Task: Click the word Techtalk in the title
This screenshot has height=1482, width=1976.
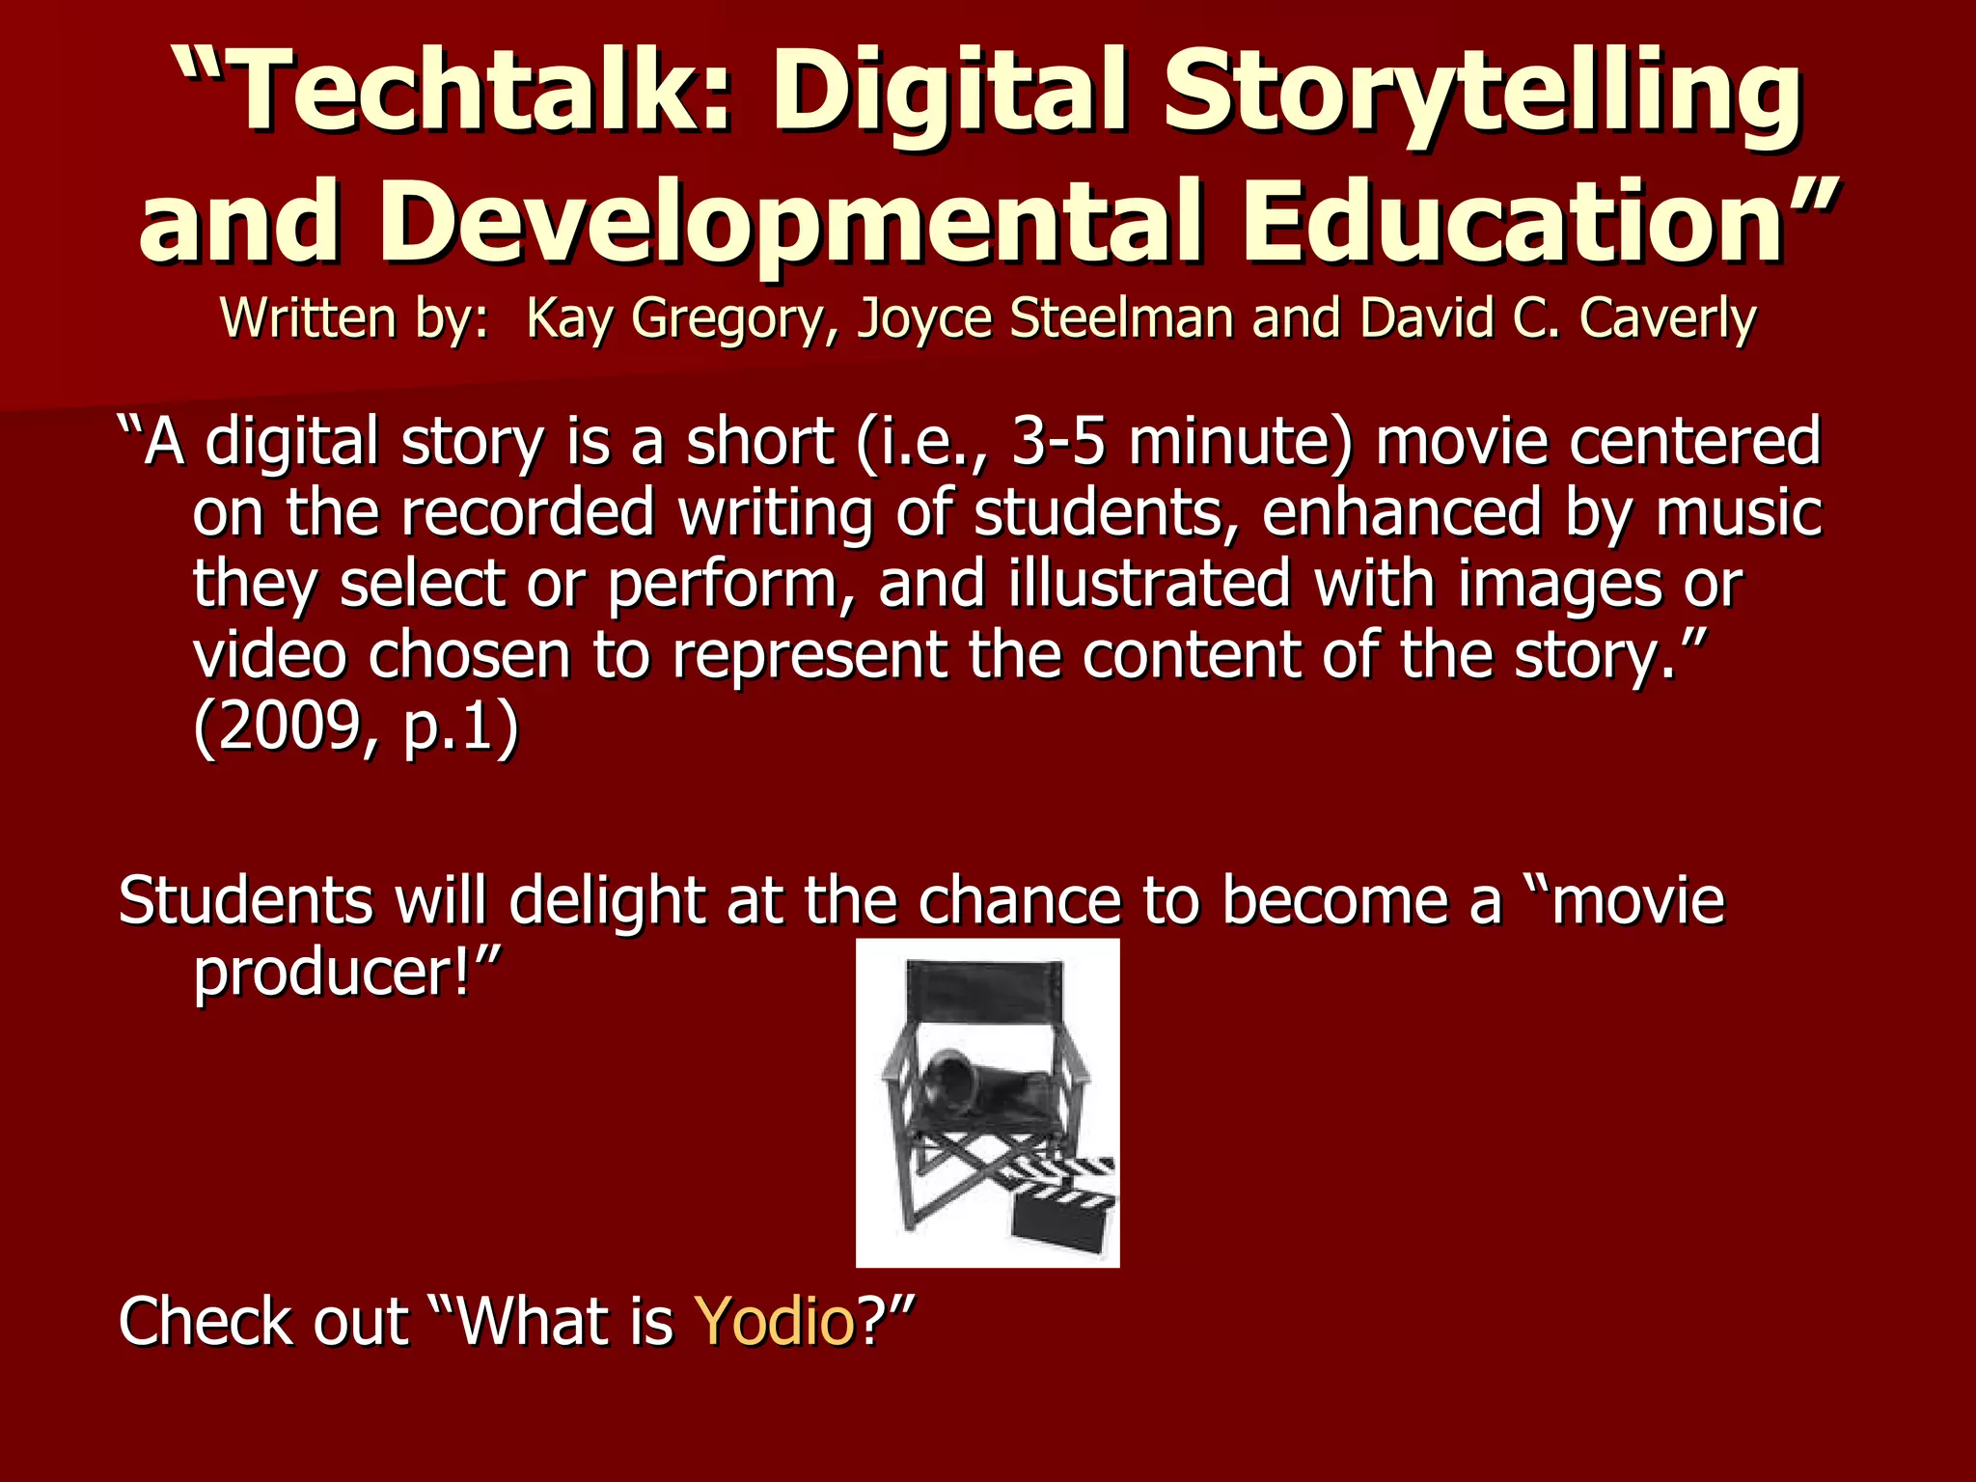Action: [x=463, y=94]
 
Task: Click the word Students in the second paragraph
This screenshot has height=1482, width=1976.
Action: [x=245, y=900]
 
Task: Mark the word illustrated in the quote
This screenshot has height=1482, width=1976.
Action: [x=1149, y=584]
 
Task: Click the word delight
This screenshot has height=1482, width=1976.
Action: [x=607, y=900]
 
